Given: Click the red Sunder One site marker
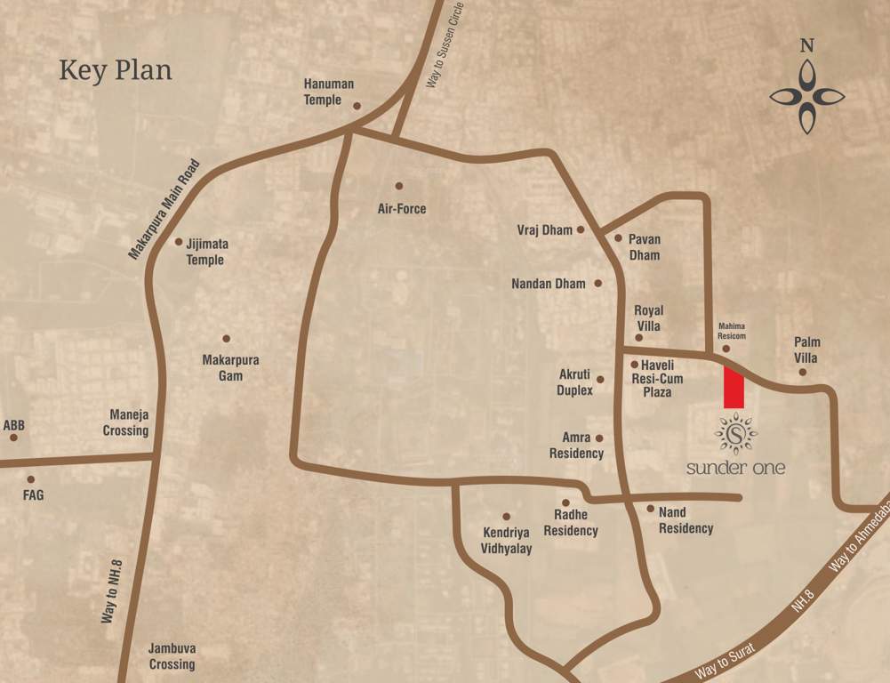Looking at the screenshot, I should click(734, 387).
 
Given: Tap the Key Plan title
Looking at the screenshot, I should click(116, 70).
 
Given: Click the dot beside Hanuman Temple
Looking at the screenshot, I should click(357, 106).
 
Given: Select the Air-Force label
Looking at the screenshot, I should click(402, 209).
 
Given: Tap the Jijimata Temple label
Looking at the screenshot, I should click(205, 251).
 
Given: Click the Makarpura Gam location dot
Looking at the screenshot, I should click(227, 339).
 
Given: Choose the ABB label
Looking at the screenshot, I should click(14, 426).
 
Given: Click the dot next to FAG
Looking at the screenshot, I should click(30, 479).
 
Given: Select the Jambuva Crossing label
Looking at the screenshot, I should click(172, 656).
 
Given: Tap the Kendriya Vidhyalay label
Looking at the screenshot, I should click(508, 541).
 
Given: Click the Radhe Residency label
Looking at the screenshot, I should click(571, 523).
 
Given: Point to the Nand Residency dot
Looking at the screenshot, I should click(650, 510).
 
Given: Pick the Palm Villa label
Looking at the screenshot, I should click(807, 350).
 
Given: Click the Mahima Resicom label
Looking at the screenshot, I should click(732, 331).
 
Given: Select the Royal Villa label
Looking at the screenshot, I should click(647, 318).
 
